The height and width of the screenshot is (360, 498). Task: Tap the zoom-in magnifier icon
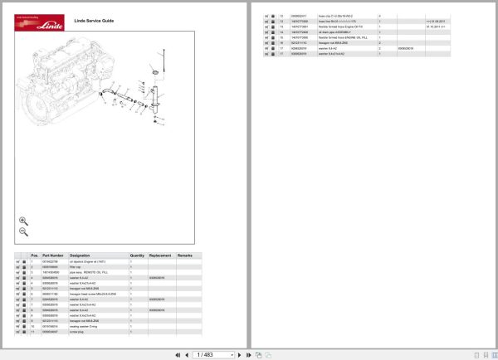(23, 221)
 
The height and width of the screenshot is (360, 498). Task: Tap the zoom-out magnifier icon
(23, 232)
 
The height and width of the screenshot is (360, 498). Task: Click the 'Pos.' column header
(34, 255)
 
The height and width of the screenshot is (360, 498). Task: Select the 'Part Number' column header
(52, 255)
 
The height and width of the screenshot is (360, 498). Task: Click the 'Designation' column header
(81, 255)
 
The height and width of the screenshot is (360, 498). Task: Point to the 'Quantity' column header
(138, 255)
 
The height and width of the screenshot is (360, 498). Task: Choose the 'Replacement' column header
(161, 255)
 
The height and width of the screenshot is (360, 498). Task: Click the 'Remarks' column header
(185, 255)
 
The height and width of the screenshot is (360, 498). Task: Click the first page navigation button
(178, 354)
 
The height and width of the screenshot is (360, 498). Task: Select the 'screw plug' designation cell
(79, 332)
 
